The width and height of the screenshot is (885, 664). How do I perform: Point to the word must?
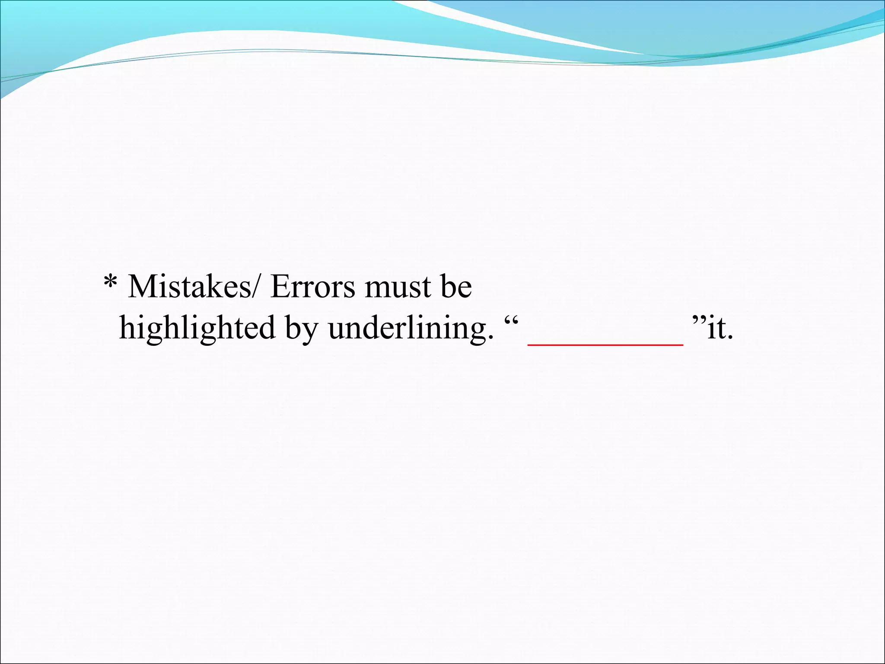398,287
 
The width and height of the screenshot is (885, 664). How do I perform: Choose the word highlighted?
197,329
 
